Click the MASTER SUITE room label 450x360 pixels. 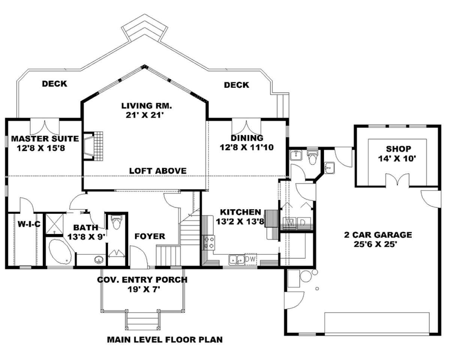(45, 139)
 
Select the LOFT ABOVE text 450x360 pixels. (158, 171)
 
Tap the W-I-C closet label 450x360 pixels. (29, 224)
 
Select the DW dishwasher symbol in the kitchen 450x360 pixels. (250, 259)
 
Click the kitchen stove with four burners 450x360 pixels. (209, 243)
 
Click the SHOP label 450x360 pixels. (399, 149)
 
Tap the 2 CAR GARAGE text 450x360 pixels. (378, 235)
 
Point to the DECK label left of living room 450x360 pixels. (55, 84)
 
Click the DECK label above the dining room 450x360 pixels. (237, 85)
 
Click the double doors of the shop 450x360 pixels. (397, 180)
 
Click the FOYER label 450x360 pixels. (150, 236)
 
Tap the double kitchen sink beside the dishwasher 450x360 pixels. (237, 260)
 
